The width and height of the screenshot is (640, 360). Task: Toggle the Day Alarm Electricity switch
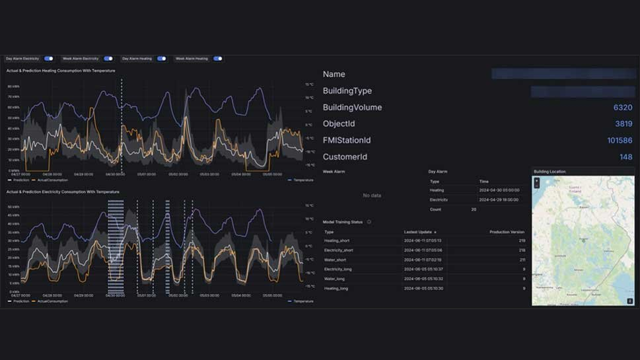click(48, 59)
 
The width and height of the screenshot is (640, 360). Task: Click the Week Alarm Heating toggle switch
click(217, 59)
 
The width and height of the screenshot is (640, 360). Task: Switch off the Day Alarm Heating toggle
click(161, 59)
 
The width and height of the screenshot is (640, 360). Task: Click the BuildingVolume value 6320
click(622, 108)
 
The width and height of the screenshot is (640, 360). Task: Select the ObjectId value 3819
click(623, 124)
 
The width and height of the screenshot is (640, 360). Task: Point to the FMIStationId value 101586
click(620, 141)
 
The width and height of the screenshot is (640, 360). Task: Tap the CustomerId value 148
click(625, 157)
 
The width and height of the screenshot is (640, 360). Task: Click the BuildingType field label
click(347, 91)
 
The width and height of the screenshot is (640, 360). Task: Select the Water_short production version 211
click(522, 260)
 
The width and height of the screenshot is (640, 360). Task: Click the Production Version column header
click(507, 232)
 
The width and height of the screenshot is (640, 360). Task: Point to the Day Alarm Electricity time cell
click(499, 199)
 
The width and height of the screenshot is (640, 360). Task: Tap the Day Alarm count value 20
click(474, 209)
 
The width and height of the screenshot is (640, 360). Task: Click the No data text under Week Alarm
click(372, 196)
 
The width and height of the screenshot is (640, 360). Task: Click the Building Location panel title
click(550, 172)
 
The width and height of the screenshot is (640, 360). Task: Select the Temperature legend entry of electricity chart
click(302, 301)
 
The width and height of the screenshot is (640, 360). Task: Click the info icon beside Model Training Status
click(369, 222)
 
